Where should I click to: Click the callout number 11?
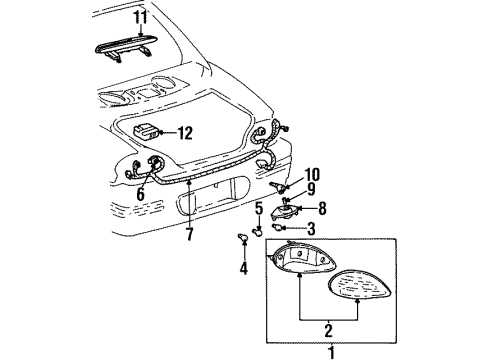click(140, 17)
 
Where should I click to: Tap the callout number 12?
click(185, 131)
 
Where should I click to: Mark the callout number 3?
click(311, 229)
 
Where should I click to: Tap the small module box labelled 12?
click(147, 131)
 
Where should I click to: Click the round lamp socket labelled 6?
click(157, 166)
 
